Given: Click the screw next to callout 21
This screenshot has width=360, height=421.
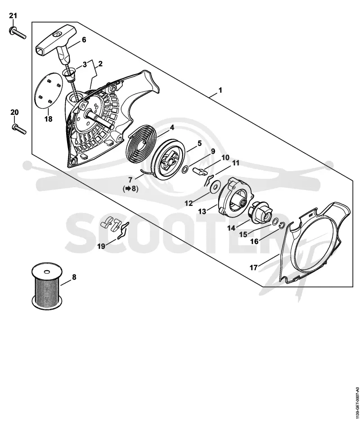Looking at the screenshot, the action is tap(18, 33).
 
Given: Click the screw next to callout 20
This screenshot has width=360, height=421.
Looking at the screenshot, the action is tap(19, 129).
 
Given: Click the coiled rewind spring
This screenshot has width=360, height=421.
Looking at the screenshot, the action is tap(143, 144).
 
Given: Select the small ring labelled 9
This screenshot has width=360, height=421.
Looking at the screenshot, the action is tap(185, 170).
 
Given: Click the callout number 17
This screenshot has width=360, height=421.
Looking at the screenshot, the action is tap(253, 267).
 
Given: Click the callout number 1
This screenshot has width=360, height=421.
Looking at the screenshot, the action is tap(220, 91).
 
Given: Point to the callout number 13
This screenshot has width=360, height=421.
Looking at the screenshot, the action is tap(202, 211).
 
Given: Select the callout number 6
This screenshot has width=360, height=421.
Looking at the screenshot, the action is tap(84, 40).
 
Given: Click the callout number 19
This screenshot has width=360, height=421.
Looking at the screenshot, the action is tap(101, 246).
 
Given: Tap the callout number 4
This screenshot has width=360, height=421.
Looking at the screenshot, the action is tap(172, 127).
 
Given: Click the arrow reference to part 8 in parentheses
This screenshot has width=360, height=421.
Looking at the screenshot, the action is tap(130, 189).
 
